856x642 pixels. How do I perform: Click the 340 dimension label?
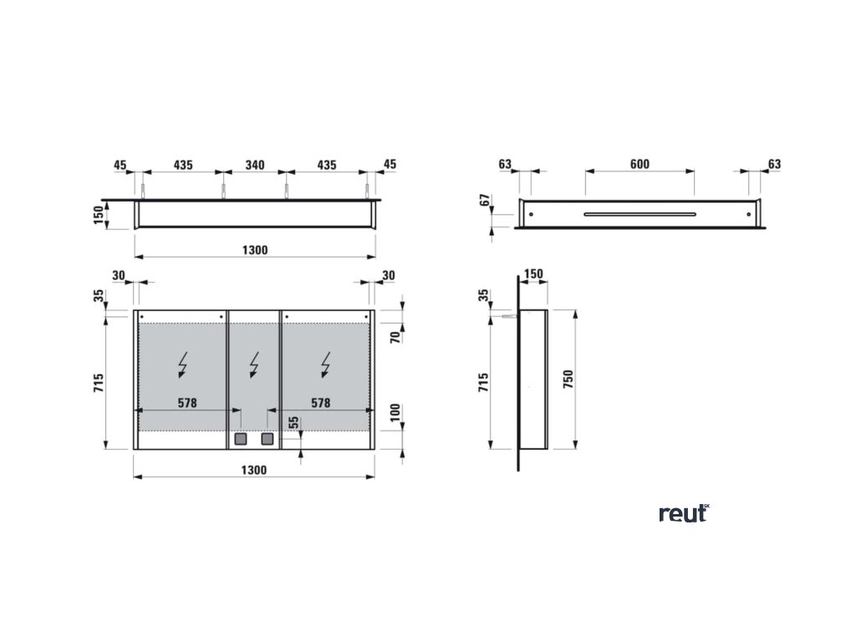(254, 166)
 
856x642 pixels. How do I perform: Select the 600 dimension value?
(639, 164)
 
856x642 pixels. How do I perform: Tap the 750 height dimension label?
(568, 378)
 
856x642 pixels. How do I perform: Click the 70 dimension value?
(396, 336)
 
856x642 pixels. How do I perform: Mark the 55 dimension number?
(293, 423)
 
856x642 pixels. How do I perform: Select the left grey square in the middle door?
(241, 438)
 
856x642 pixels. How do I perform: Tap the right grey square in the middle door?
(267, 438)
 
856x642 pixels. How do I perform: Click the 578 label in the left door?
(186, 403)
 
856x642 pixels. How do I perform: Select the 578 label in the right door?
(320, 403)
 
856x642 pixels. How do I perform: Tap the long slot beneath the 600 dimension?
(639, 214)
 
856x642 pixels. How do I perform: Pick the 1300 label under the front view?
(254, 470)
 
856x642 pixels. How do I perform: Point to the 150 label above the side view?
(533, 273)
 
